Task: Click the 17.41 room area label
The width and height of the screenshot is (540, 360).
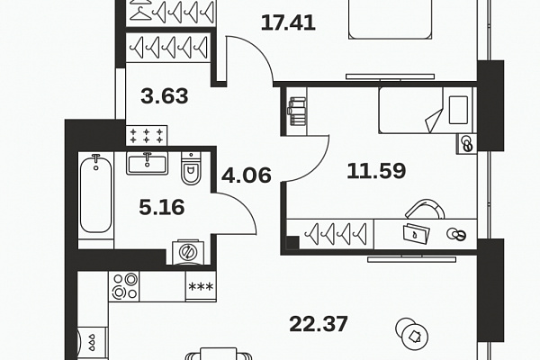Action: (x=288, y=23)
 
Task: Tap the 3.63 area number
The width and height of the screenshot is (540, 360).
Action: (x=165, y=96)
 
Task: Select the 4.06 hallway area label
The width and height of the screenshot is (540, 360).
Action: (x=247, y=175)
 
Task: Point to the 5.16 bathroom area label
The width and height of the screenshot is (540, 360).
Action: (x=162, y=207)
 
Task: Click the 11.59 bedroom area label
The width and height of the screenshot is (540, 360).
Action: (x=376, y=171)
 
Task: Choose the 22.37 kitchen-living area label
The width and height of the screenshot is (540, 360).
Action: (x=319, y=324)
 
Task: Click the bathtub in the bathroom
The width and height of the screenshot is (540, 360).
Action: (x=95, y=195)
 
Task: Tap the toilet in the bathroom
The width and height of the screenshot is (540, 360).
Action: (x=191, y=168)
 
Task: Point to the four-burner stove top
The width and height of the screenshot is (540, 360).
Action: (x=124, y=286)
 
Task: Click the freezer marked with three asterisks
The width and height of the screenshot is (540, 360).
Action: (x=201, y=286)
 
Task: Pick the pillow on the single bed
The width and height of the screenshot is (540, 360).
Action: (x=458, y=110)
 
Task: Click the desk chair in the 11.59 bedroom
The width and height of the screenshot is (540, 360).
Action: (x=426, y=209)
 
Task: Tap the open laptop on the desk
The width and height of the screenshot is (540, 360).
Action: (x=417, y=233)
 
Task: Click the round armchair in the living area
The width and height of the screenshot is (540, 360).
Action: (x=412, y=333)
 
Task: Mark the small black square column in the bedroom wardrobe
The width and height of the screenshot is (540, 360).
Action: (x=292, y=242)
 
